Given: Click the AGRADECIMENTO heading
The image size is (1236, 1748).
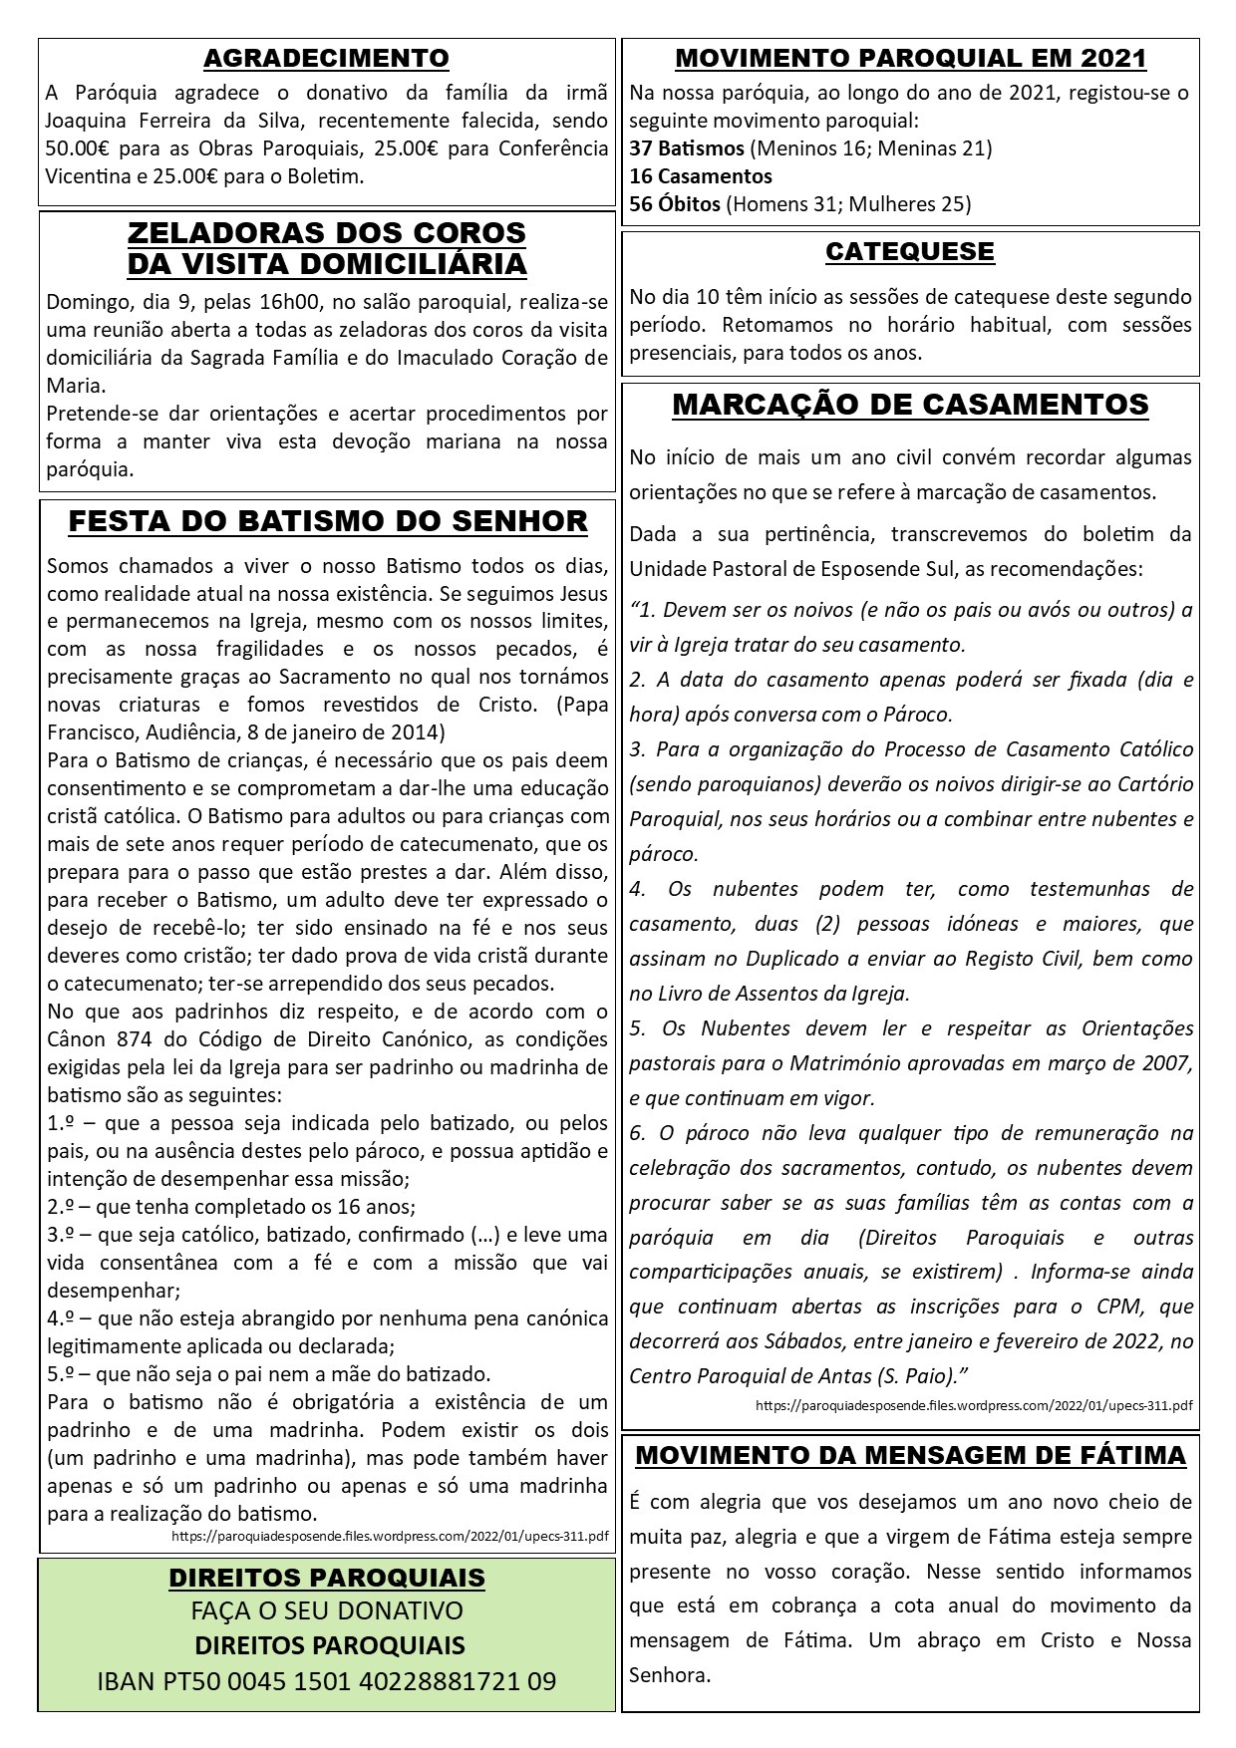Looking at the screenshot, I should (326, 59).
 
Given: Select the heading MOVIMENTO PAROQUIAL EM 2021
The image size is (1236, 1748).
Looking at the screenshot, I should (910, 59).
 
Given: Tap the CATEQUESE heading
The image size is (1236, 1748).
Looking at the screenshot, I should (910, 252).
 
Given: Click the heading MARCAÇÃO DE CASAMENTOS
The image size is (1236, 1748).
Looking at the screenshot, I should (910, 405).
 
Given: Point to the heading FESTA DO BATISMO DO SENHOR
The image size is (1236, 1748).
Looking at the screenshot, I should (328, 521).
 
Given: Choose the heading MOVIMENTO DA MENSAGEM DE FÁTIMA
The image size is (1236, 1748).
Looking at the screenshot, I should (910, 1455).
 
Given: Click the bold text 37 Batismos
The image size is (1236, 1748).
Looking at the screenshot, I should (687, 149).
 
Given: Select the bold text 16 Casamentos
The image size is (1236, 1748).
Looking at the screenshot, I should (701, 177).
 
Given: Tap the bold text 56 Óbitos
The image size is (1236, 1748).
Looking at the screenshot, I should (675, 205).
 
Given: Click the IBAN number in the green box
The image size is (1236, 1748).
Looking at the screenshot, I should (327, 1681).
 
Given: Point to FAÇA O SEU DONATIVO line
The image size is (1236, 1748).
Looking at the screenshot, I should (327, 1611).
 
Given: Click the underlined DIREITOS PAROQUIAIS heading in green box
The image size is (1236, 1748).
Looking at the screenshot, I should (327, 1578).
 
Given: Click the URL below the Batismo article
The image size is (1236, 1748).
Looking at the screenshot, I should (390, 1537).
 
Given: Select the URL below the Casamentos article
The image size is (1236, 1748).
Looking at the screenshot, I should (974, 1406).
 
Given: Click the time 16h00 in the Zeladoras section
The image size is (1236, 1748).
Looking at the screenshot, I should (291, 302).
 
